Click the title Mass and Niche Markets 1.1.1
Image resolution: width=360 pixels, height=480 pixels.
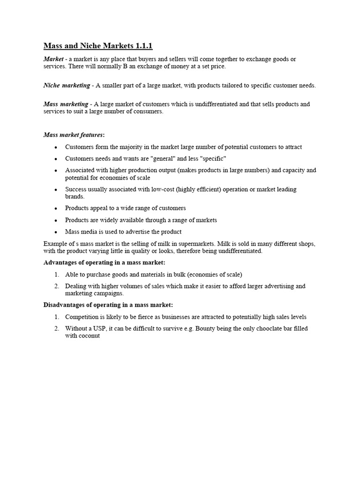click(x=98, y=45)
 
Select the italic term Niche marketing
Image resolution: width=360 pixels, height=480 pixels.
click(x=67, y=85)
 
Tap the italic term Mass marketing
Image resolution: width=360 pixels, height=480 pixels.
click(x=66, y=104)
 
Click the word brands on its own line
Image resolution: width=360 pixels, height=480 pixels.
click(x=75, y=197)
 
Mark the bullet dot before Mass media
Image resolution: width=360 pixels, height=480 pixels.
click(x=56, y=232)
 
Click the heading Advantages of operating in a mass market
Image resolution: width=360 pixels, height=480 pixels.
click(x=104, y=262)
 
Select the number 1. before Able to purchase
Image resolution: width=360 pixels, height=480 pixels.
click(x=56, y=275)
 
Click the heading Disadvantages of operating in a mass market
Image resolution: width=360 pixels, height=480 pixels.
click(x=108, y=305)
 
